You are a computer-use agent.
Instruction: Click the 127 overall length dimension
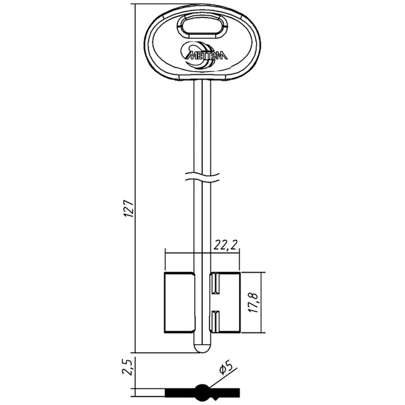[129, 209]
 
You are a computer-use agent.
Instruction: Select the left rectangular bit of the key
[180, 302]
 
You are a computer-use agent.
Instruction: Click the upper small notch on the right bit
[215, 284]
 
